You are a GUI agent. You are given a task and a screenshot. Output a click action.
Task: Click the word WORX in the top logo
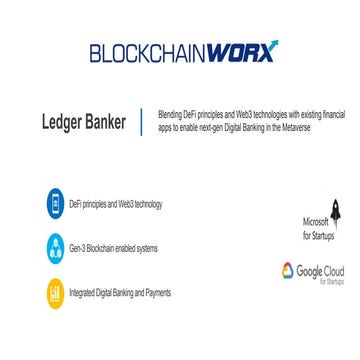pos(243,52)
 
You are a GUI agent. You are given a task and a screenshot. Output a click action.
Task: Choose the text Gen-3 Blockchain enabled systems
pos(113,248)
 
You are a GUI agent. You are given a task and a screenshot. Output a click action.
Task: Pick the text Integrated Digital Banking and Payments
pos(120,293)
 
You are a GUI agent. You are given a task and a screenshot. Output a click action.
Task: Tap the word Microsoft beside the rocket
pos(315,221)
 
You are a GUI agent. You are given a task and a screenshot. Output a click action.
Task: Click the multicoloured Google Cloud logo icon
pos(287,271)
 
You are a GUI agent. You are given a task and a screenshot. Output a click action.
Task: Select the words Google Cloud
pos(320,270)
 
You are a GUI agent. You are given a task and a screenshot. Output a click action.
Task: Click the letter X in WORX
pos(269,51)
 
